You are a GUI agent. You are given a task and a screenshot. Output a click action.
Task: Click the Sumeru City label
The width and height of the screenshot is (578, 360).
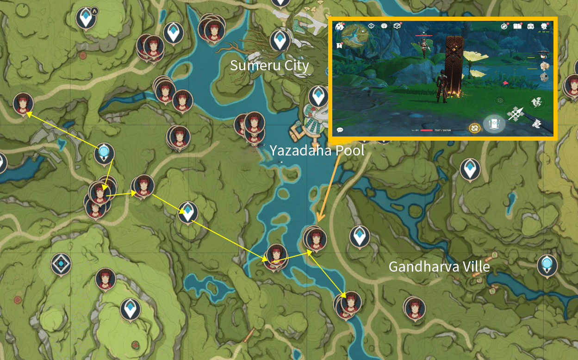point(269,65)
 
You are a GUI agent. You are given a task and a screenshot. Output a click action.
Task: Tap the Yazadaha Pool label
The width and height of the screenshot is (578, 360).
point(317,150)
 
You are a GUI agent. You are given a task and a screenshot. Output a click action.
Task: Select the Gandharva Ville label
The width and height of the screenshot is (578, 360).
point(439,267)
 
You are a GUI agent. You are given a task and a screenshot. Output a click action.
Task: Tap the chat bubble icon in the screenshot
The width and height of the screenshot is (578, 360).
point(340,130)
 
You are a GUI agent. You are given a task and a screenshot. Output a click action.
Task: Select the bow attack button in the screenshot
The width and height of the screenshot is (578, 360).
point(515,113)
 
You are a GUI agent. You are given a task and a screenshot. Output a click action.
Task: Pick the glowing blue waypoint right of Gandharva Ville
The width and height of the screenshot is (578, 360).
point(547,265)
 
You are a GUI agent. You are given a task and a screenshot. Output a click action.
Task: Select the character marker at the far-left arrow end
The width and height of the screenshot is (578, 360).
point(22,103)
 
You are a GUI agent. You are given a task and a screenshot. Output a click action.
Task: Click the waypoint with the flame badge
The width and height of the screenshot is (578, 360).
point(86,18)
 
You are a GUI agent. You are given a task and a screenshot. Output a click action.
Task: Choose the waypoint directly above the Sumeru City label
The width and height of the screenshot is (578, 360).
point(280,40)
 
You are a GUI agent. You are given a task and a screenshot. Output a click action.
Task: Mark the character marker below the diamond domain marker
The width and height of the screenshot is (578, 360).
point(106,279)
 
